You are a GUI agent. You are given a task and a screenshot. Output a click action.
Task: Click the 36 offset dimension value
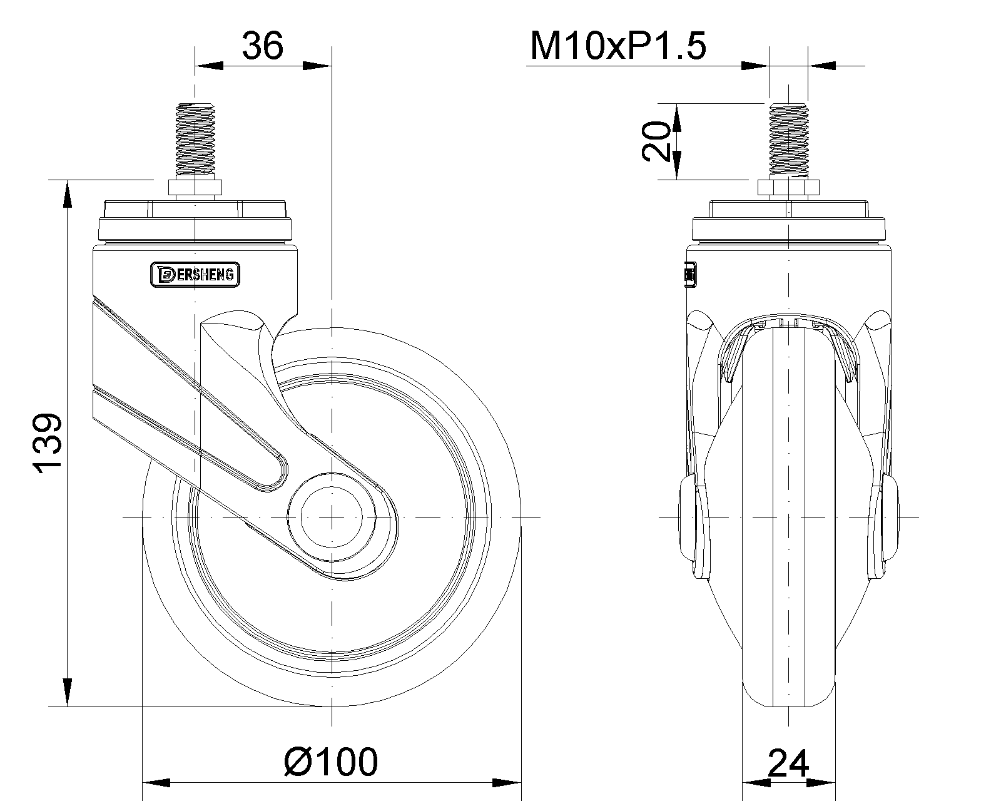click(262, 46)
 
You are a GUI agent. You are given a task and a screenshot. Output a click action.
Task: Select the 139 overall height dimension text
click(47, 442)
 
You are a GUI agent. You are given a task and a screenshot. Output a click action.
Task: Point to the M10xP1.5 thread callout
click(618, 46)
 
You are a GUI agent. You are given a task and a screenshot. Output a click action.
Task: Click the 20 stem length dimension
click(656, 141)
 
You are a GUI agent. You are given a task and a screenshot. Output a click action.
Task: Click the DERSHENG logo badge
click(195, 275)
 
